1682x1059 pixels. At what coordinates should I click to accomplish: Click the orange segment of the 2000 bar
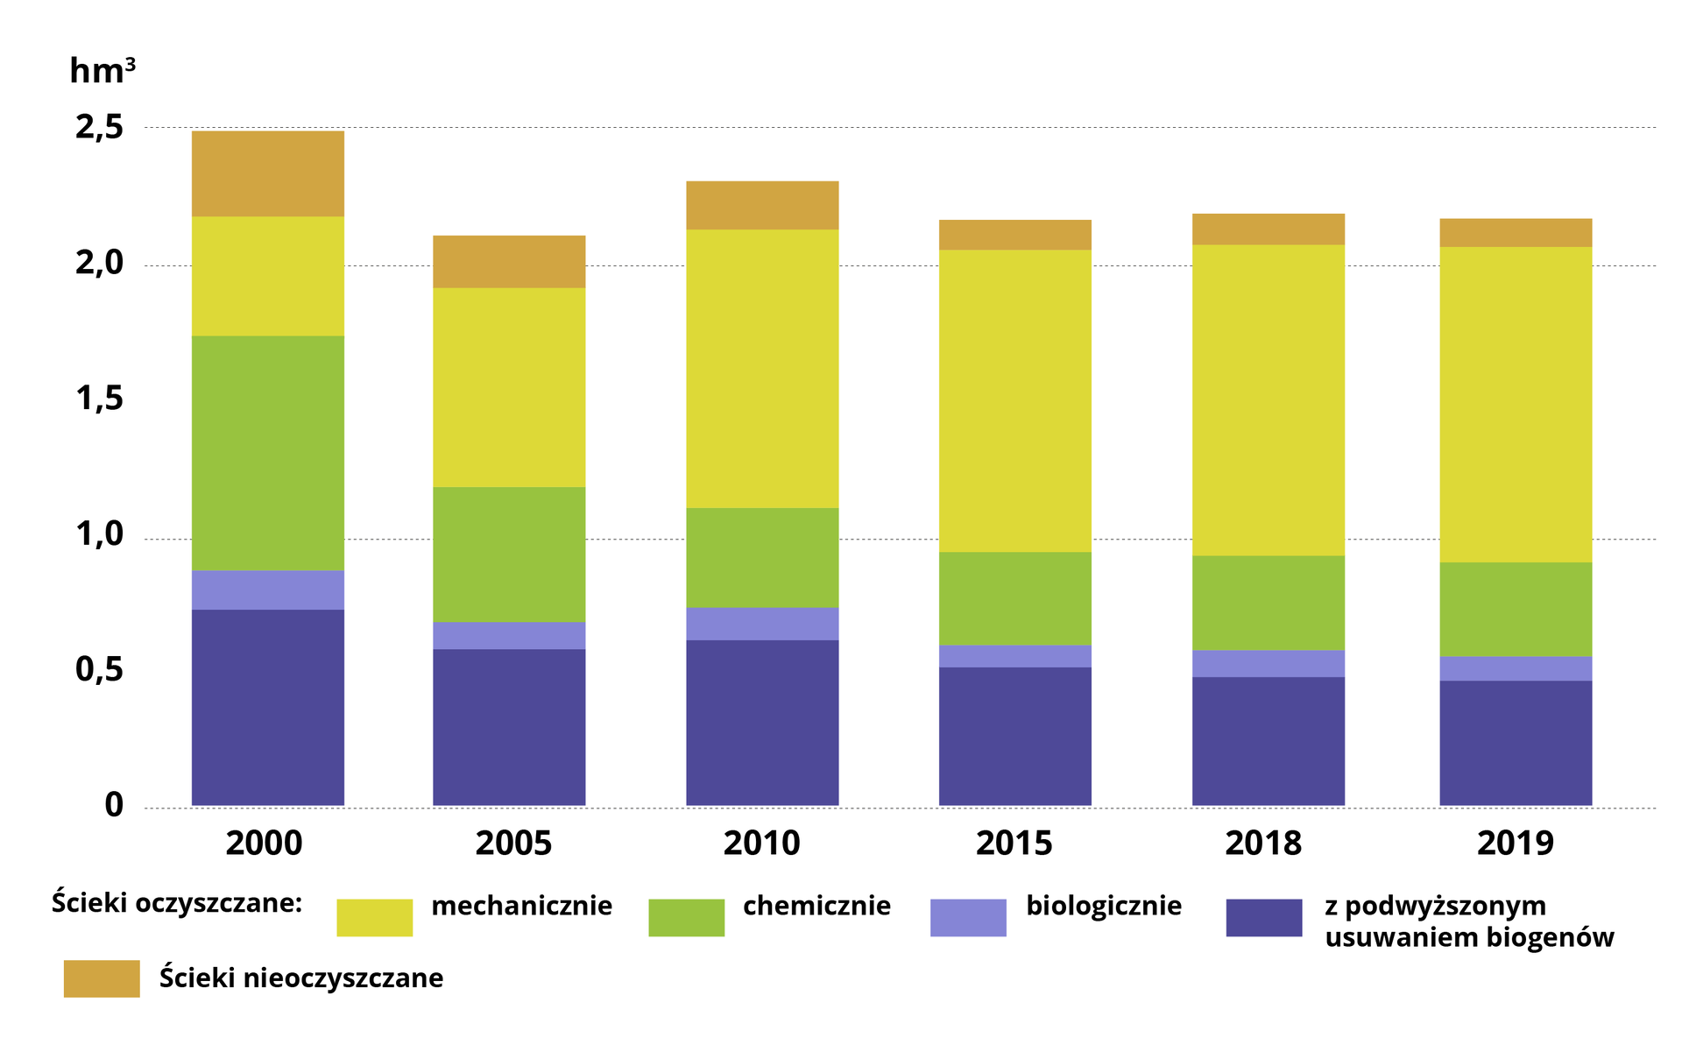[x=267, y=173]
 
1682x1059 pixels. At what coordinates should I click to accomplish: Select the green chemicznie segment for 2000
[x=267, y=453]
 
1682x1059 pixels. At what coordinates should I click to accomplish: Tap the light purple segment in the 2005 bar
[x=509, y=635]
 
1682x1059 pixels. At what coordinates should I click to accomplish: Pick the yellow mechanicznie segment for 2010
[x=762, y=368]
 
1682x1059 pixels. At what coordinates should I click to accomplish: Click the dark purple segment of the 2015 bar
[x=1014, y=736]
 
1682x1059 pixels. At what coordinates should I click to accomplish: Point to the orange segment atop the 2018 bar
[x=1268, y=229]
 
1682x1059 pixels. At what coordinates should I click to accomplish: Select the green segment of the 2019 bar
[x=1516, y=609]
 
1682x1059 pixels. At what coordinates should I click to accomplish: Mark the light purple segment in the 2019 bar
[x=1516, y=668]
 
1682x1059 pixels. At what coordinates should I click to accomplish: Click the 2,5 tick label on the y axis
[x=100, y=128]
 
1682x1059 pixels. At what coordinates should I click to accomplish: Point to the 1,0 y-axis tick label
[x=100, y=534]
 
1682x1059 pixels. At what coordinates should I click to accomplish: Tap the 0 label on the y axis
[x=114, y=805]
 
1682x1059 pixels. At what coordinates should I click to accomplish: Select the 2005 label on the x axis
[x=513, y=844]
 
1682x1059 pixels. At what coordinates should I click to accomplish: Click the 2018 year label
[x=1262, y=844]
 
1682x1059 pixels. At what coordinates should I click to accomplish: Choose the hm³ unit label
[x=102, y=71]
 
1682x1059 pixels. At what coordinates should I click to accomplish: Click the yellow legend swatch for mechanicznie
[x=374, y=917]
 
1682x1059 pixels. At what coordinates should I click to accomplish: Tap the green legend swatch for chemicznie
[x=686, y=917]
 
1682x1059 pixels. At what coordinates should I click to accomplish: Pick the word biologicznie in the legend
[x=1104, y=906]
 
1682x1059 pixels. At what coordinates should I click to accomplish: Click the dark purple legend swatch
[x=1263, y=917]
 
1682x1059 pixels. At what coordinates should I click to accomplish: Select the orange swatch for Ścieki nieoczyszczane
[x=102, y=978]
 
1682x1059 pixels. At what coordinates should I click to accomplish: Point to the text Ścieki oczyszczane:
[x=177, y=903]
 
